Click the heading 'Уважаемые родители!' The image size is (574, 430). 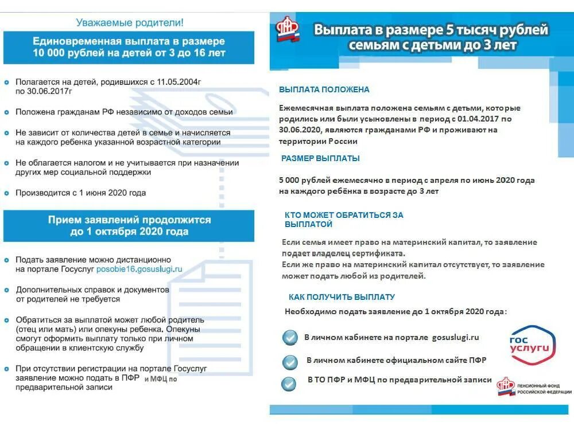[130, 23]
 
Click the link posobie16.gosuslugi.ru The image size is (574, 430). [139, 268]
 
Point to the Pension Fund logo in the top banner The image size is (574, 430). [288, 30]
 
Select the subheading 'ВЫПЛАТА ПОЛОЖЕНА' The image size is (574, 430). [324, 90]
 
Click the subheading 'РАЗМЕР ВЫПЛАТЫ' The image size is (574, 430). [320, 158]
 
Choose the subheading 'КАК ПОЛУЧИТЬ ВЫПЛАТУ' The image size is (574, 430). [341, 297]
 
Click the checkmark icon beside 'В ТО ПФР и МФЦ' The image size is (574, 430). [289, 384]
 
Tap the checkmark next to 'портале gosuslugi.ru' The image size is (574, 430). [290, 338]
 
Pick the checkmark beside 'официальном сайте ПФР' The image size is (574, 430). [290, 362]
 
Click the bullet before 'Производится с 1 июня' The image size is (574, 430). [7, 193]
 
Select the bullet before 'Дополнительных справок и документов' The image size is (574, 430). [7, 290]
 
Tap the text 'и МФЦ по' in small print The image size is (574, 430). [161, 379]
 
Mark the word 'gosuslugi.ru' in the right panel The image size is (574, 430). [455, 338]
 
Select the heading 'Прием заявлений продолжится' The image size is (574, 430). [129, 220]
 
